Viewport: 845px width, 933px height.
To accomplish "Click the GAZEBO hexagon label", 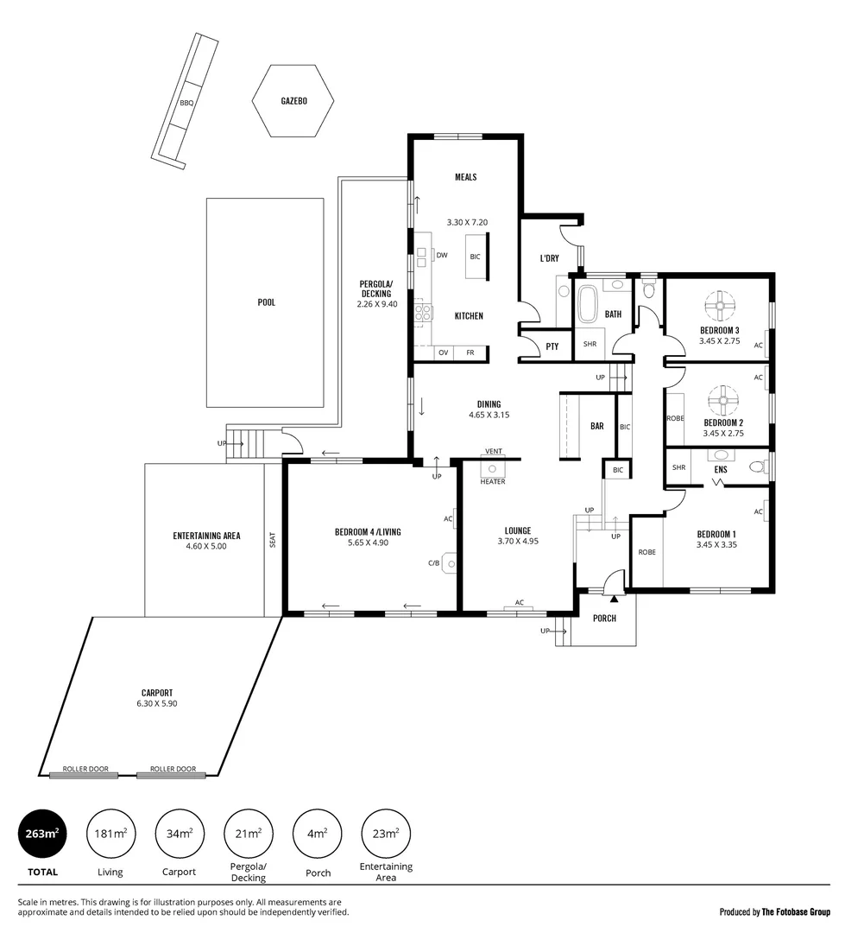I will pos(293,101).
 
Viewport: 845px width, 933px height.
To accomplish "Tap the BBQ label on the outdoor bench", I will pos(186,103).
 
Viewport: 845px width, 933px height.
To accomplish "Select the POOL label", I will pos(266,302).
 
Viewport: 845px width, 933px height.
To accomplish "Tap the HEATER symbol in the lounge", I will pos(493,469).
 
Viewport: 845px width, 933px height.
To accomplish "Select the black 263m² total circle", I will pos(41,834).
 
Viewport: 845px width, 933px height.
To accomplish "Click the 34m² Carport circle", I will pos(180,834).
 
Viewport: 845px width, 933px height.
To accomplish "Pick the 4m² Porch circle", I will pos(318,834).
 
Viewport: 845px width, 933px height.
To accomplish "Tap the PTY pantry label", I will pos(552,346).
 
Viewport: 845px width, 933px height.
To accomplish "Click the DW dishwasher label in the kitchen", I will pos(441,255).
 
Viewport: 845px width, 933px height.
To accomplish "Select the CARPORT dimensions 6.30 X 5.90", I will pos(157,703).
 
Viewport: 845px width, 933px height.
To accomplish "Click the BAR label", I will pos(596,426).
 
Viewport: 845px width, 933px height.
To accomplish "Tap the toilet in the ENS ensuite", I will pos(757,467).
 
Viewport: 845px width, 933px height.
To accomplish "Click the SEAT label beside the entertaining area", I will pos(273,539).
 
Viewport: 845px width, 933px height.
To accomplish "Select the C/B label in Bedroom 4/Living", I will pos(434,563).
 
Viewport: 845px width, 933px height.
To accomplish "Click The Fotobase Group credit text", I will pos(774,911).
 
